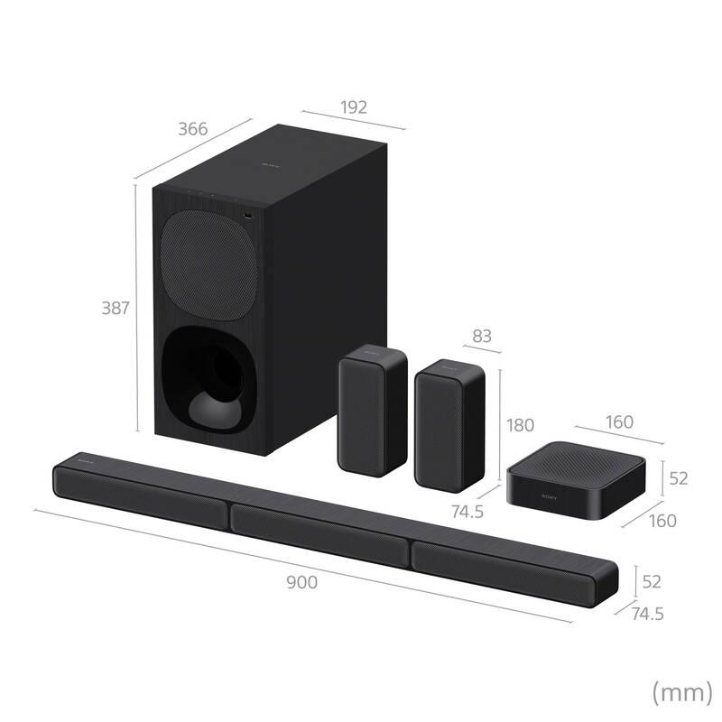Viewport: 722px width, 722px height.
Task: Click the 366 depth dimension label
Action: [x=191, y=129]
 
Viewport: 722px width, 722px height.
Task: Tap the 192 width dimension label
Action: [x=354, y=107]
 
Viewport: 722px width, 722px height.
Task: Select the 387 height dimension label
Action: [x=114, y=308]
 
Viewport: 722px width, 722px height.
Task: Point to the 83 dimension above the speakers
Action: [x=482, y=336]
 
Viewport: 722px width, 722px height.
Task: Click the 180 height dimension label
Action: [x=522, y=424]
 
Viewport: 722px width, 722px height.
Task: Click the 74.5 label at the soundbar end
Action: [x=646, y=614]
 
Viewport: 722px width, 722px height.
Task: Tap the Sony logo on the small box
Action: [x=550, y=496]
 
